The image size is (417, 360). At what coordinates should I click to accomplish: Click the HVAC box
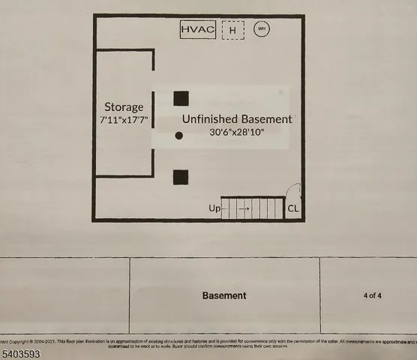point(199,30)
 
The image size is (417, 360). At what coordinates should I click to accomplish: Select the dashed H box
point(233,31)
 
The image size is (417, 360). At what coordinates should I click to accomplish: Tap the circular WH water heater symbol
point(262,30)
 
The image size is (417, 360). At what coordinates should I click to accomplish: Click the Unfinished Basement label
point(237,119)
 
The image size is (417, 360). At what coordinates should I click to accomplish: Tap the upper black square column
point(181,98)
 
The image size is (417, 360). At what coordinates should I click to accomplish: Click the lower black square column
point(181,177)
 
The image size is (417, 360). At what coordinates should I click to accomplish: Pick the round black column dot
point(179,136)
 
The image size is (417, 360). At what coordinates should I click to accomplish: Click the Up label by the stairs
point(214,209)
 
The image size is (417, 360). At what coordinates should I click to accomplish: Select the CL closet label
point(293,209)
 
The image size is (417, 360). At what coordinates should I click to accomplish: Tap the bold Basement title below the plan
point(224,295)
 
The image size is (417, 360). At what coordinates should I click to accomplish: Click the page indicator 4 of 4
point(372,295)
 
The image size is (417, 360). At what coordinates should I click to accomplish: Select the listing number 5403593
point(20,352)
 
